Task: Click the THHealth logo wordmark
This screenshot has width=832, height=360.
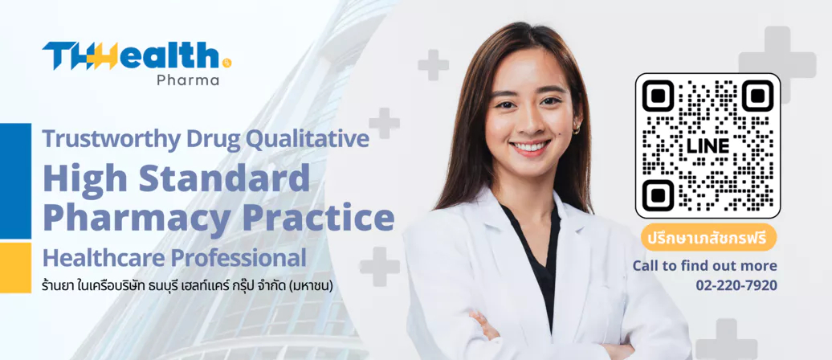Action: (137, 55)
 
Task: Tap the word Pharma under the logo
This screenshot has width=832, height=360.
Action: (188, 80)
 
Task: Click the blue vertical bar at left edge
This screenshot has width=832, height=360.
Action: (15, 181)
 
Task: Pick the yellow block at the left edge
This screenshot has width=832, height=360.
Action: (15, 268)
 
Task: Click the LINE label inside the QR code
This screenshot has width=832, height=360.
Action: (708, 146)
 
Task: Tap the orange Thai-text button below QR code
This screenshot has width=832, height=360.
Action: (708, 237)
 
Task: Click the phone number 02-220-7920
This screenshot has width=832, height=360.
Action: (736, 285)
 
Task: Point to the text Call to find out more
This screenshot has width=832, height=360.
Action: (704, 266)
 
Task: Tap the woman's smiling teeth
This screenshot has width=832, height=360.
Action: (530, 146)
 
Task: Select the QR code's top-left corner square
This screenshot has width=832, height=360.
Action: (658, 96)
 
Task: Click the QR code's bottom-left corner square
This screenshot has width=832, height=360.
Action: (658, 195)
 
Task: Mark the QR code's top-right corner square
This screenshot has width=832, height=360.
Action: (757, 96)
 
